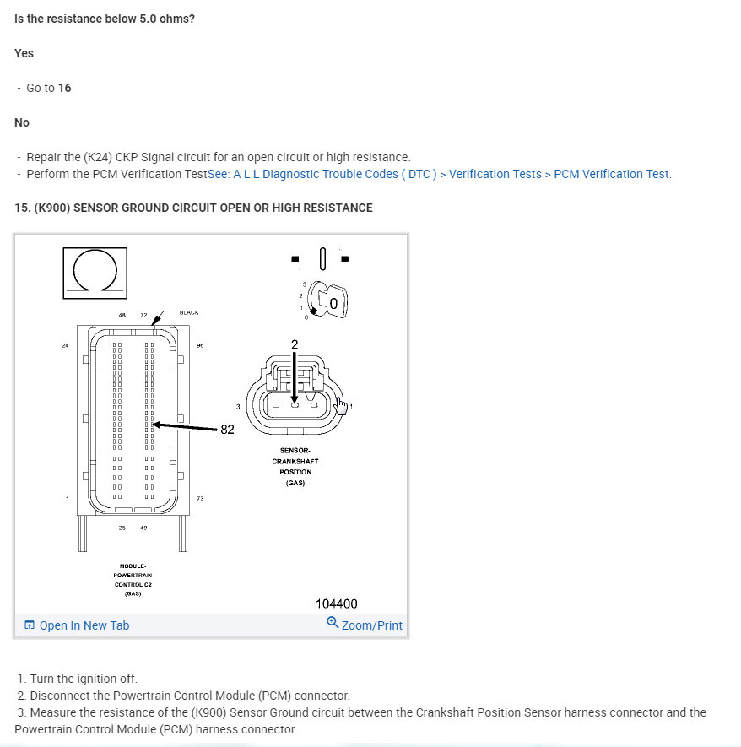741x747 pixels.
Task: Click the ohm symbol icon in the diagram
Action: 95,273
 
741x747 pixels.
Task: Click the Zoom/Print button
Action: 365,625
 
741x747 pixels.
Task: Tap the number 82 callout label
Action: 227,430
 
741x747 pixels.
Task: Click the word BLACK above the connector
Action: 189,312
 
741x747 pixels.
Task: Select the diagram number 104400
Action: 337,604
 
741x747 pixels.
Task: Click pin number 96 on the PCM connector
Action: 200,345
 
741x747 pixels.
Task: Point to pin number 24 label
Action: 65,345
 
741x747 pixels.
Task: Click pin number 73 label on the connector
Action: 200,499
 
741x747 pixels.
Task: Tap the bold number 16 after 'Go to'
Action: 64,88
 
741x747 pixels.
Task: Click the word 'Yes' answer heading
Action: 24,53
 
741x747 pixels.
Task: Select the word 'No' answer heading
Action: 22,122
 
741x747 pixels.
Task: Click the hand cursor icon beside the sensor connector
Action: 341,406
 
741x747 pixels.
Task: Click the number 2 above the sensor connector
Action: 294,344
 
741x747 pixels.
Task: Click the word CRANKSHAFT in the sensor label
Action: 295,462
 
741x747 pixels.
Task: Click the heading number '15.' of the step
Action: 23,208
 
